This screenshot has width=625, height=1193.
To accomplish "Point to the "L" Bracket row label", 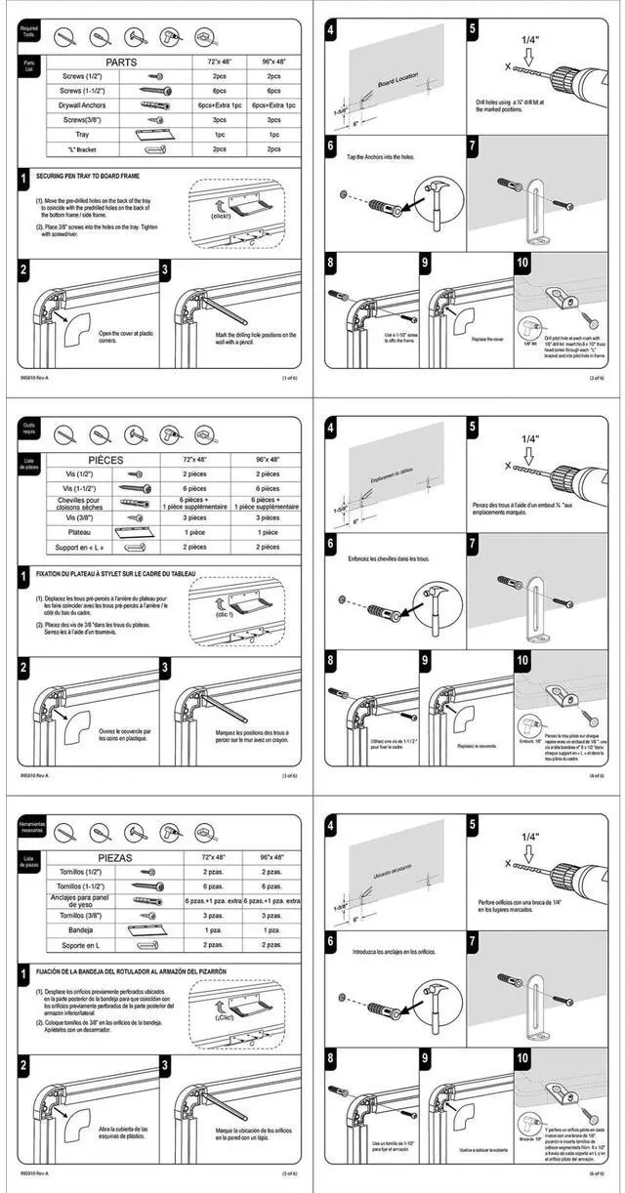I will click(x=87, y=149).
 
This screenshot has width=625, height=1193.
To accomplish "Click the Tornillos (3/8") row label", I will click(x=83, y=916).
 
